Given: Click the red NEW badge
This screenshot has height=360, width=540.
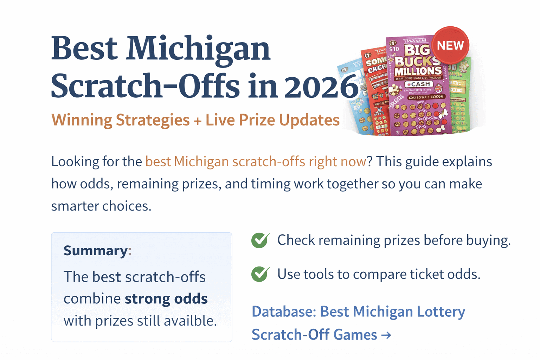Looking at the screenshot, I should (x=450, y=45).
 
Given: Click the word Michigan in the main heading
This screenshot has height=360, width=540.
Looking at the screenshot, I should (x=198, y=49).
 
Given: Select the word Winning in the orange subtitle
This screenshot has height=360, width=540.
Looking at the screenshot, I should (x=82, y=120).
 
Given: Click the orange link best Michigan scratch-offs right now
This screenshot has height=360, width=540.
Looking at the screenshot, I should (x=256, y=162).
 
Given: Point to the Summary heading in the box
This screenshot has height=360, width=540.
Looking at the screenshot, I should (x=96, y=251).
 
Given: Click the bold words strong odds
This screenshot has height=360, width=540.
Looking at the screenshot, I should (x=166, y=299).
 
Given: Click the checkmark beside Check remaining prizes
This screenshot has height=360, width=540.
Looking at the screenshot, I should (x=261, y=240).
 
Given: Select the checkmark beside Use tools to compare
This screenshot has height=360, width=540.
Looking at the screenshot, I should (x=261, y=274).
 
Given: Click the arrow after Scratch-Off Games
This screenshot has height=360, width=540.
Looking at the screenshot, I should (x=386, y=335).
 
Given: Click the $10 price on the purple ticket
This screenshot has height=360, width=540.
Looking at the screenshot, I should (x=394, y=49).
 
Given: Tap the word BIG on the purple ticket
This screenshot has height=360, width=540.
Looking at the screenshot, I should (x=417, y=50).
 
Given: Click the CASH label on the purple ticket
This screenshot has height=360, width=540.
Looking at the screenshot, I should (x=419, y=84).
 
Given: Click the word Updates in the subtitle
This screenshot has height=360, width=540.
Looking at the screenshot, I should (x=309, y=120).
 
